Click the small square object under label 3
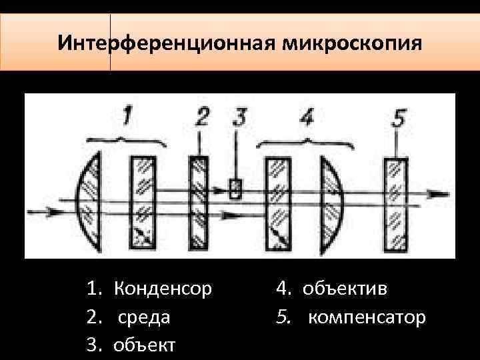tap(235, 189)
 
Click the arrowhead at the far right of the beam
tap(437, 194)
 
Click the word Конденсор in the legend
tap(163, 289)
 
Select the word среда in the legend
tap(144, 317)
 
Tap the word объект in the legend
tap(145, 345)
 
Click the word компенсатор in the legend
tap(366, 317)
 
